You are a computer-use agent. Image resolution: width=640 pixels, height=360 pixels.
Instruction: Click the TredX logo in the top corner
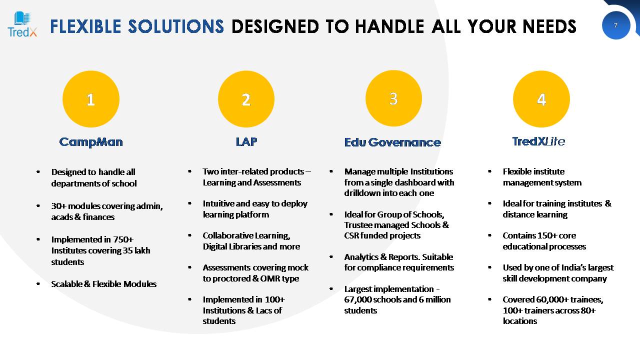click(22, 24)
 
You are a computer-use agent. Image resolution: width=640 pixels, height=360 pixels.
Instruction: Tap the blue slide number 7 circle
click(616, 25)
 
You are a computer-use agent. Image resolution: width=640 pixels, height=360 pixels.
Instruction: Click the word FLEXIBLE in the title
click(85, 26)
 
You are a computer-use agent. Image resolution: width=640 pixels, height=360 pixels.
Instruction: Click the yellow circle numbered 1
click(91, 99)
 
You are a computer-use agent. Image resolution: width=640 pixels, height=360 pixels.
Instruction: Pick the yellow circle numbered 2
click(246, 99)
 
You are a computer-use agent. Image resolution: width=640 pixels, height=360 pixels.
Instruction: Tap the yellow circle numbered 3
click(393, 98)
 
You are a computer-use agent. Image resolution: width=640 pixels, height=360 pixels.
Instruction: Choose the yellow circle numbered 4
click(541, 99)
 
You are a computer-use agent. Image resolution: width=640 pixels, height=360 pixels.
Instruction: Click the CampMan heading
click(91, 142)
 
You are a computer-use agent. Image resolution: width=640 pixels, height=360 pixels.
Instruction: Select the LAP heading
click(246, 141)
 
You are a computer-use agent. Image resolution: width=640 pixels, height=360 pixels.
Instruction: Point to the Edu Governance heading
click(392, 142)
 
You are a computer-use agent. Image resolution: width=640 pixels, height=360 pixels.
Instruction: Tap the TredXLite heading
click(538, 141)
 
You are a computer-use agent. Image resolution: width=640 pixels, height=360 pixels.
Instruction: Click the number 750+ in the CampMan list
click(123, 239)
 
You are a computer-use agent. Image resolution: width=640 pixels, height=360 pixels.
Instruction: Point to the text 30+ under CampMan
click(58, 206)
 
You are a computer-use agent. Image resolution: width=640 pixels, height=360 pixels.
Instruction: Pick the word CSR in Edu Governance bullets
click(351, 235)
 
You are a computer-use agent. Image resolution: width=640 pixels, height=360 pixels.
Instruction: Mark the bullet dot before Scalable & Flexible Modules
click(38, 283)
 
